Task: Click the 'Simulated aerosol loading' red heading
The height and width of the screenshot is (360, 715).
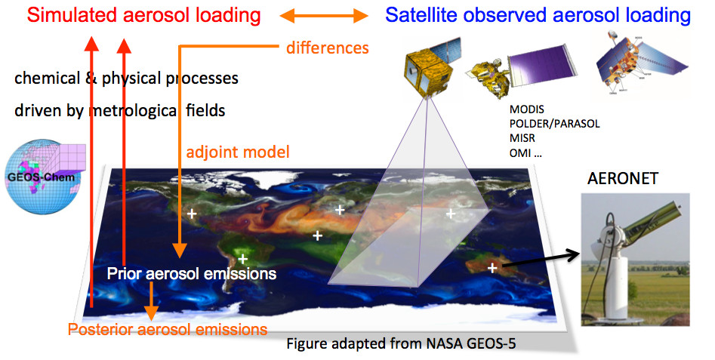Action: (x=143, y=15)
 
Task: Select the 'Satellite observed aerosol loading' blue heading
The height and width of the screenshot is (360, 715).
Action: (x=538, y=15)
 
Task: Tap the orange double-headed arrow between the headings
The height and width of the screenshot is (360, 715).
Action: (x=324, y=17)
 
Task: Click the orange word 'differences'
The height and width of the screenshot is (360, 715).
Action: (x=328, y=48)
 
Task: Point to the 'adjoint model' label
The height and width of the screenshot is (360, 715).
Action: (x=238, y=152)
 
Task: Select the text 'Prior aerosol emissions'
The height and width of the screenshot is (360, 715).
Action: (x=192, y=273)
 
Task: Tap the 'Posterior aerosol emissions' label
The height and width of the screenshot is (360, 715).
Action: (x=168, y=330)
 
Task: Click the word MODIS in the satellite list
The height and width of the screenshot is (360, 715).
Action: (x=527, y=110)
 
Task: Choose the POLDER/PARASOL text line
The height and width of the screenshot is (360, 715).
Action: (x=554, y=124)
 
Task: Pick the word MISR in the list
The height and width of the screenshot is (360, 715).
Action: (x=522, y=138)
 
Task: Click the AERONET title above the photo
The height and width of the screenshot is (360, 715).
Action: (x=622, y=178)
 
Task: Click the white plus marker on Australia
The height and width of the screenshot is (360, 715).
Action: (x=492, y=268)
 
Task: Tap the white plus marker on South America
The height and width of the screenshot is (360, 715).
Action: (x=243, y=260)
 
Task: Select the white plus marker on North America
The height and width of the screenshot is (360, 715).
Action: (x=192, y=214)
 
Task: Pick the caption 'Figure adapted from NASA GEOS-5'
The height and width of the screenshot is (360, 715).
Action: (x=401, y=343)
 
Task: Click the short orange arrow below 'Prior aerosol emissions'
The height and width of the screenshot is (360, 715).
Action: (x=151, y=302)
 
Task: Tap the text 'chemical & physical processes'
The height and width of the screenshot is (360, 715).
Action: (x=126, y=78)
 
